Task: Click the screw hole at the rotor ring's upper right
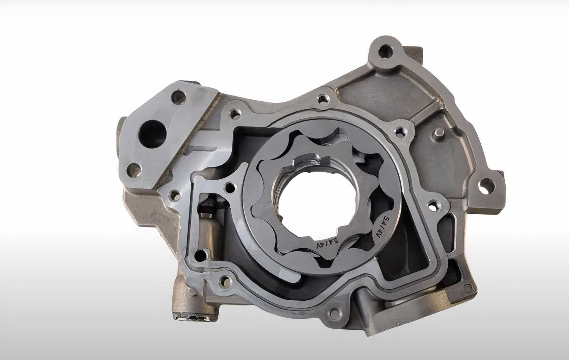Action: (x=400, y=131)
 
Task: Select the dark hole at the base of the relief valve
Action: (x=199, y=255)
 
